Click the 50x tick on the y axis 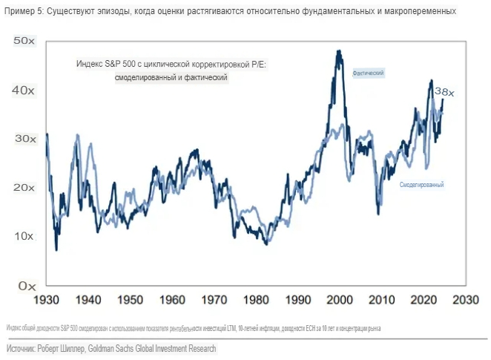pyautogui.click(x=24, y=41)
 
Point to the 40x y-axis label pyautogui.click(x=24, y=90)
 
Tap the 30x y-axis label pyautogui.click(x=24, y=139)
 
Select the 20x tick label pyautogui.click(x=24, y=187)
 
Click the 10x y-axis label pyautogui.click(x=24, y=236)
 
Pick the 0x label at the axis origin pyautogui.click(x=27, y=285)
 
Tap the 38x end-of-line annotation pyautogui.click(x=444, y=91)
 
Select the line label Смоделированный pyautogui.click(x=421, y=183)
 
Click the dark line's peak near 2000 pyautogui.click(x=339, y=51)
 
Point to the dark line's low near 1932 pyautogui.click(x=56, y=249)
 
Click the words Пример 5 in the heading pyautogui.click(x=22, y=12)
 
